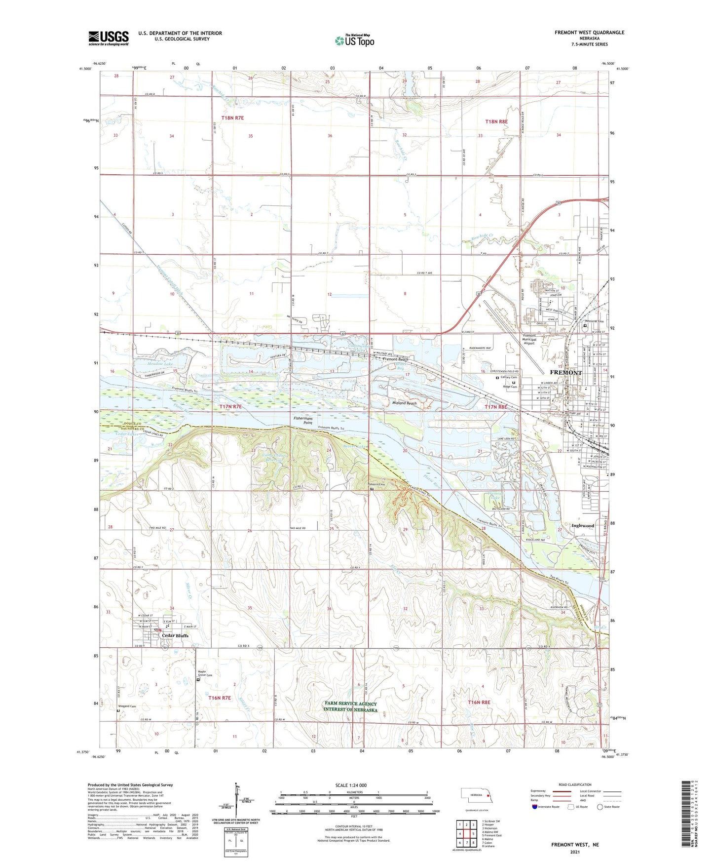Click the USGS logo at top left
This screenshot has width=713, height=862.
108,38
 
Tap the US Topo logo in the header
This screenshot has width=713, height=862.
354,41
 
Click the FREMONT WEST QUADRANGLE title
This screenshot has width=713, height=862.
589,33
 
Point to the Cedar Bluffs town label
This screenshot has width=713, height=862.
175,636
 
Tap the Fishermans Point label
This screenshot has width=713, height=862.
303,421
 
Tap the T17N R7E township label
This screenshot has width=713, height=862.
230,406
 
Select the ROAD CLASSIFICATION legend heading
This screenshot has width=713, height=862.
575,784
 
